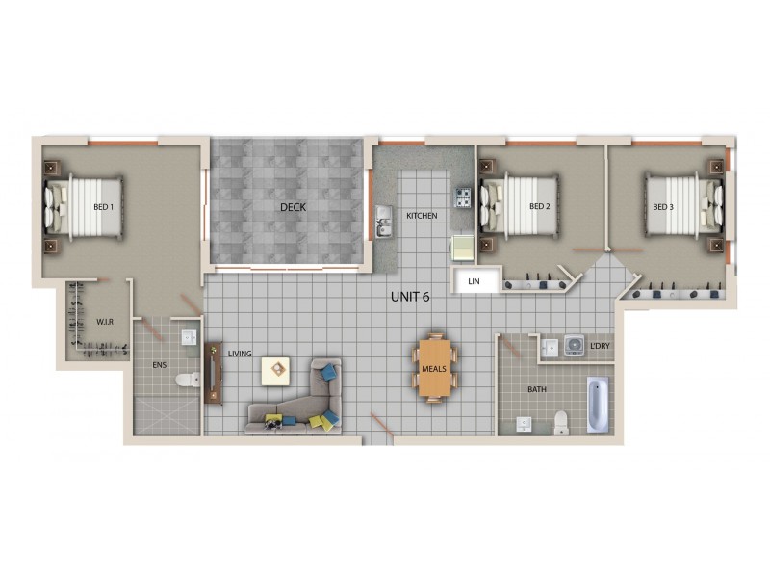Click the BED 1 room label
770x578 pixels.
click(x=104, y=207)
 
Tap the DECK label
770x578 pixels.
click(x=293, y=207)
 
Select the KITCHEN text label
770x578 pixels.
click(x=422, y=216)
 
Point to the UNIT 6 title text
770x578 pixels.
click(x=409, y=296)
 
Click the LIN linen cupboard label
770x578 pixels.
click(x=474, y=281)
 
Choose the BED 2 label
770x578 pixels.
click(x=539, y=207)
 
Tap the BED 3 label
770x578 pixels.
click(x=662, y=207)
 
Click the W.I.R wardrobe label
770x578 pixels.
click(x=106, y=322)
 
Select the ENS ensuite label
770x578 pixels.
click(x=161, y=367)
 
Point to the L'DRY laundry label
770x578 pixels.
click(x=599, y=344)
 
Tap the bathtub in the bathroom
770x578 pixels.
click(x=597, y=406)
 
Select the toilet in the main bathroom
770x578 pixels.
click(x=561, y=422)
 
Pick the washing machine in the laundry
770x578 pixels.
click(x=575, y=346)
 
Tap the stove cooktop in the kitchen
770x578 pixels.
click(x=464, y=198)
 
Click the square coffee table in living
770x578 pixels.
click(x=277, y=367)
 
